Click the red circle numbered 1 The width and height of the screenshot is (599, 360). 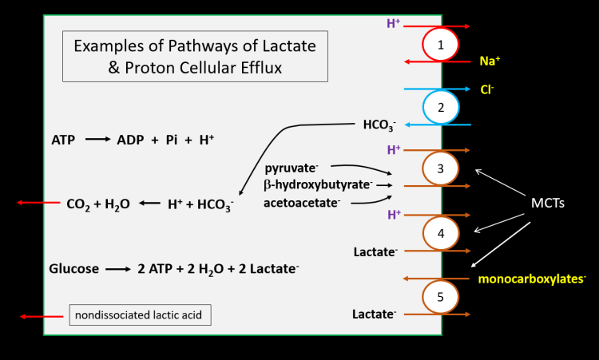point(441,44)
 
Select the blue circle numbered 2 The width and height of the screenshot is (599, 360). point(441,106)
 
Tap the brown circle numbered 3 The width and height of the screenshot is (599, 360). point(441,168)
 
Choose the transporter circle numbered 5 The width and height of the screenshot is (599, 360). point(441,296)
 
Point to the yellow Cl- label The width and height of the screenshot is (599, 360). point(486,89)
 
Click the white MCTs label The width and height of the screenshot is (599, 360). point(549,203)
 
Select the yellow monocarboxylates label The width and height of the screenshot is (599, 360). point(532,279)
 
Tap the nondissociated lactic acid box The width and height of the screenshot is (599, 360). point(141,315)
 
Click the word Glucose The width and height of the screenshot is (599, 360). point(74,269)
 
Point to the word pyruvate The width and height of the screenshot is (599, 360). point(292,168)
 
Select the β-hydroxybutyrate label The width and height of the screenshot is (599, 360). point(318,184)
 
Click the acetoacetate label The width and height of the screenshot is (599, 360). point(302,203)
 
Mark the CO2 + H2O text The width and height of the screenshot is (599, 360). point(97,204)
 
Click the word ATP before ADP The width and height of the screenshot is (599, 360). point(63,140)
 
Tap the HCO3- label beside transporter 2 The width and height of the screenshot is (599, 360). point(380,125)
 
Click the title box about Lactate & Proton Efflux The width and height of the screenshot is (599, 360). point(195,56)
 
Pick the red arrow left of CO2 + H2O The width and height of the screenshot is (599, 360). point(38,203)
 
